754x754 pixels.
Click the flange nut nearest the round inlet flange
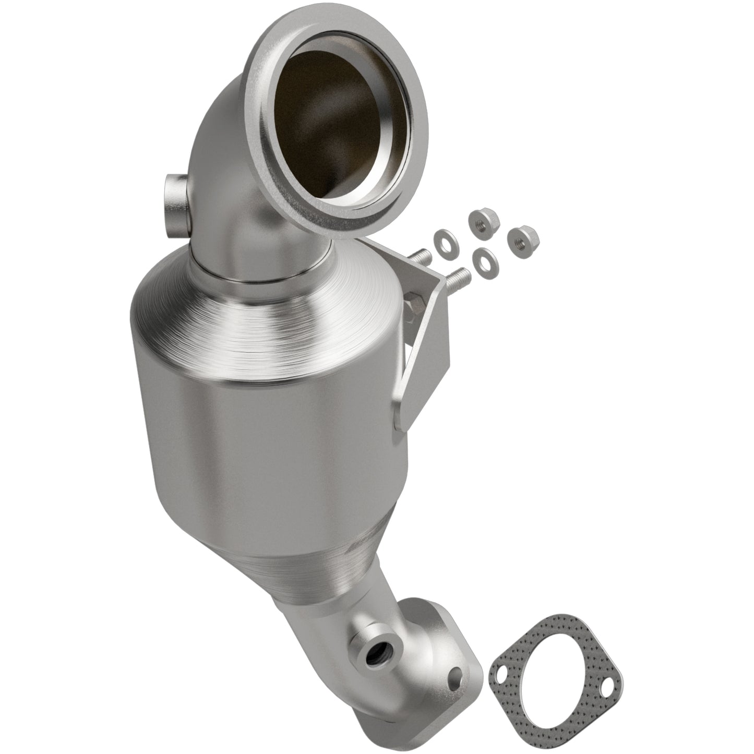tap(478, 219)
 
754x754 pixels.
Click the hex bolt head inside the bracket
tap(410, 304)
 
